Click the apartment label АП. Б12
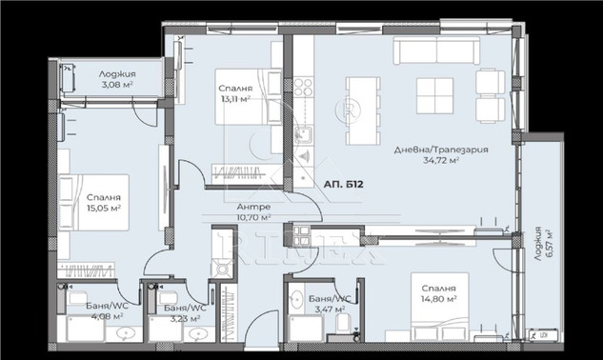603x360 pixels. [x=344, y=185]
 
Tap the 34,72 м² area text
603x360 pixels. [x=441, y=160]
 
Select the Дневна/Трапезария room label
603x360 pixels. [x=441, y=150]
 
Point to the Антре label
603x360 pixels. [x=253, y=207]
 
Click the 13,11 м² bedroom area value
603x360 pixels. [x=235, y=99]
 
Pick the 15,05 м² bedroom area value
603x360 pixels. [x=104, y=208]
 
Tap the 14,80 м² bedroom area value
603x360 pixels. [x=439, y=298]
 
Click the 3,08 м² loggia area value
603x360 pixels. [x=117, y=84]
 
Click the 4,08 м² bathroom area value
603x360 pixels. [x=108, y=316]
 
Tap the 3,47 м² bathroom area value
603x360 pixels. [x=330, y=309]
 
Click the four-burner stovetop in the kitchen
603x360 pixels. [x=304, y=87]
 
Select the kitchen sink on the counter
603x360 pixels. [x=304, y=135]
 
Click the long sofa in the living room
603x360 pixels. [x=436, y=50]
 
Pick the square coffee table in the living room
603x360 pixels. [x=435, y=96]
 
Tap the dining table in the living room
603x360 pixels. [x=363, y=110]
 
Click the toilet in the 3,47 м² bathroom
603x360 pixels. [x=343, y=323]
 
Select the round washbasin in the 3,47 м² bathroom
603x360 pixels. [x=296, y=299]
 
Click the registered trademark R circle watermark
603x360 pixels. [x=349, y=110]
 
